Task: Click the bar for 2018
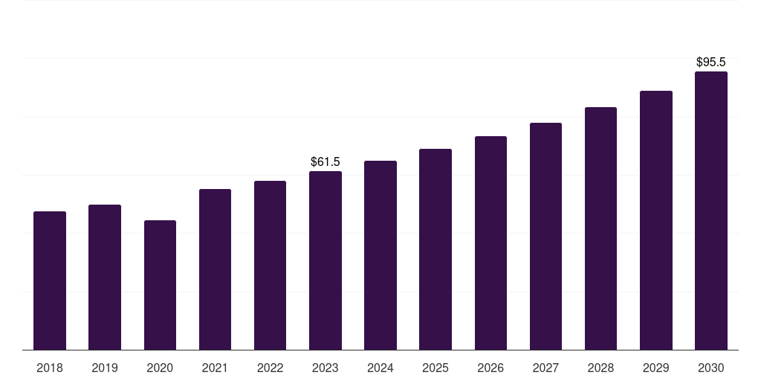click(x=50, y=281)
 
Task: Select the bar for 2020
click(x=160, y=285)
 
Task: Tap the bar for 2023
click(x=326, y=260)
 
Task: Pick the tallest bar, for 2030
click(x=711, y=211)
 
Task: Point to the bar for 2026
click(x=490, y=243)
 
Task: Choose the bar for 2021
click(x=215, y=269)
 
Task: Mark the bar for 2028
click(x=600, y=228)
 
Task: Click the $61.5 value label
click(x=326, y=161)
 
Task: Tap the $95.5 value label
click(x=711, y=62)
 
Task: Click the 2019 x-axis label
click(x=105, y=368)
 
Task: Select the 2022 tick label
click(x=270, y=368)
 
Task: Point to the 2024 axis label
click(x=380, y=368)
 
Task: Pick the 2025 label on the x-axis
click(x=435, y=368)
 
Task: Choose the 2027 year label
click(x=545, y=368)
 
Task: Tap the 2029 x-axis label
click(x=656, y=368)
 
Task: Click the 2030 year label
click(x=711, y=368)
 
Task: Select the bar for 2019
click(x=105, y=277)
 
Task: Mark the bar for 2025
click(x=435, y=249)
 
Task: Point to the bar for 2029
click(x=656, y=220)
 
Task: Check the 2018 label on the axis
click(x=50, y=368)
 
